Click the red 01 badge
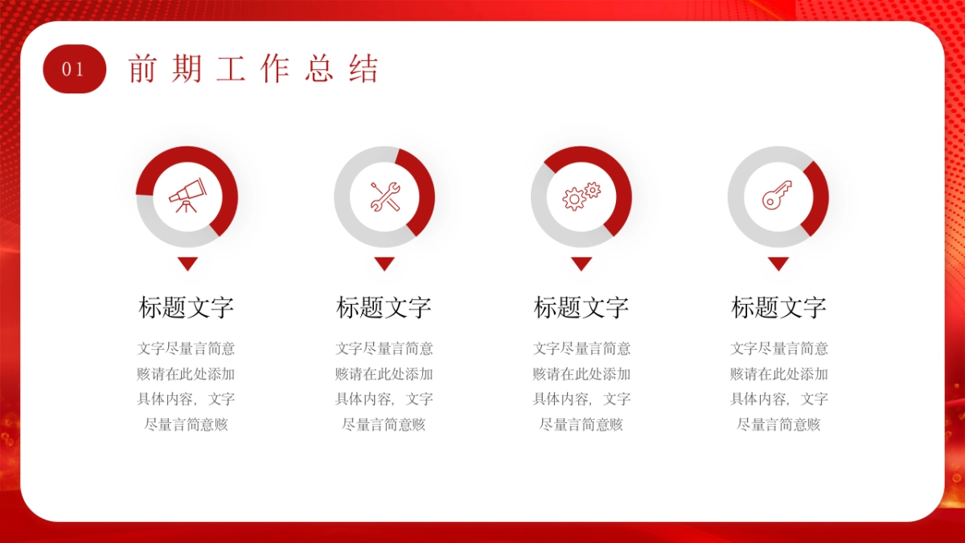click(x=74, y=69)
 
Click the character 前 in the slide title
click(x=143, y=69)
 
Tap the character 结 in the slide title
click(x=363, y=69)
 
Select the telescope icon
click(x=187, y=195)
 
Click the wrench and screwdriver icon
click(x=384, y=196)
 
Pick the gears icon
click(x=581, y=195)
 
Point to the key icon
click(x=778, y=195)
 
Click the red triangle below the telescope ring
click(x=187, y=262)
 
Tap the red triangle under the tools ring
click(x=384, y=262)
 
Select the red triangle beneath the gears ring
click(x=581, y=262)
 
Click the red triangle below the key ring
click(x=778, y=262)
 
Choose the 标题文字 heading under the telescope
click(x=187, y=307)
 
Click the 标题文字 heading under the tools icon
click(x=384, y=307)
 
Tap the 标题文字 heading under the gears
click(x=581, y=307)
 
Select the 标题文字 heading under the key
click(x=778, y=307)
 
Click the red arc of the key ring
click(x=819, y=197)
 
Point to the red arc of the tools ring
click(x=425, y=193)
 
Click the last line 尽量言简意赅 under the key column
click(x=778, y=425)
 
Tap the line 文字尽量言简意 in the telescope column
click(x=187, y=348)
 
